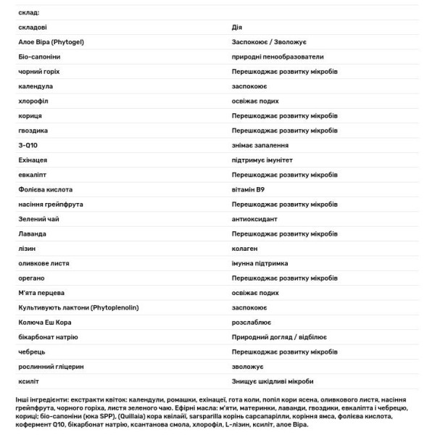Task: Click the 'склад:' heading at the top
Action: (30, 12)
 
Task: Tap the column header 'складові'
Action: (34, 27)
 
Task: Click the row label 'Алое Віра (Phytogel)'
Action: (52, 42)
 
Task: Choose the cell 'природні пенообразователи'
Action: (278, 57)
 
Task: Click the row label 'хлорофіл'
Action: (33, 101)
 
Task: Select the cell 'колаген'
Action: (244, 248)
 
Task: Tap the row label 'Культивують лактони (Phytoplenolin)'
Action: (79, 307)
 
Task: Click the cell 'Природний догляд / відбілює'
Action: (279, 337)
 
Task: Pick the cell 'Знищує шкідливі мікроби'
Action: (273, 381)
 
